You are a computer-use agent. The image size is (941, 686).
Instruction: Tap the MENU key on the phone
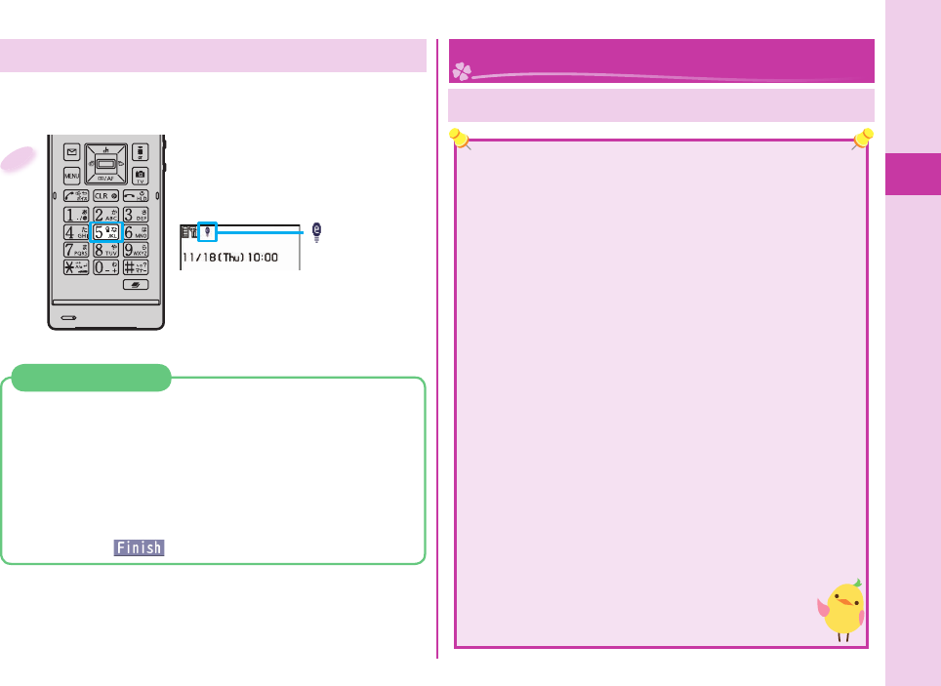(72, 176)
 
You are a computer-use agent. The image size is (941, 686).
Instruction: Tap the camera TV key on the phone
(140, 176)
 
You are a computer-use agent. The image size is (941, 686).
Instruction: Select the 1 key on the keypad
(74, 213)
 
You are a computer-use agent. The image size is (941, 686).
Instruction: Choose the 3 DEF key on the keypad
(136, 213)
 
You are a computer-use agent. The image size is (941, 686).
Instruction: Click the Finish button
(139, 548)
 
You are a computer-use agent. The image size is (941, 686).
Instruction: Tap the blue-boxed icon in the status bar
(207, 232)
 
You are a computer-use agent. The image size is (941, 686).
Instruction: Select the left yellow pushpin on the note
(459, 140)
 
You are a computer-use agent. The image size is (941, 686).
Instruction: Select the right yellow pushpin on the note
(862, 140)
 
